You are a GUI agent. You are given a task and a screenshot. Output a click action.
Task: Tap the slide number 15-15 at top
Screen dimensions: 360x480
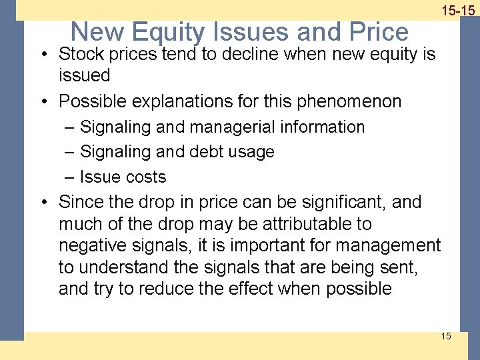(x=457, y=10)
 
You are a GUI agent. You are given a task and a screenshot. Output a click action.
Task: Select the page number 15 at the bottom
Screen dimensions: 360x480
(x=445, y=335)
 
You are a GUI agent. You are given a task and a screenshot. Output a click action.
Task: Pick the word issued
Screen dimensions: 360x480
(x=84, y=75)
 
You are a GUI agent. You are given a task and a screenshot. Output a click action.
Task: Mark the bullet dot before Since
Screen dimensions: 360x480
(x=49, y=202)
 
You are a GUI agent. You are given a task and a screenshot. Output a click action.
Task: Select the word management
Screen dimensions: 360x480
(x=387, y=245)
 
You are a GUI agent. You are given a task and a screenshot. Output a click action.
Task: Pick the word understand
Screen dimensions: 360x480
(x=125, y=267)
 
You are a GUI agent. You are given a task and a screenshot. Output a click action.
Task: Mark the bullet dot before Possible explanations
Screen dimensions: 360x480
(x=49, y=101)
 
